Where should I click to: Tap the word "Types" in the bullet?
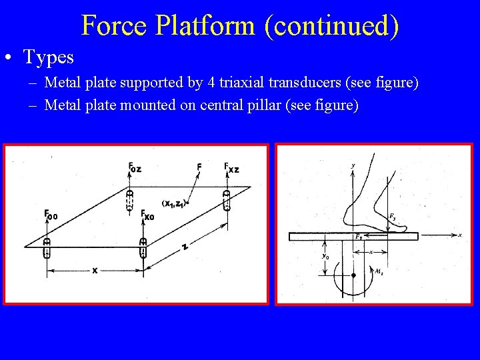[x=49, y=57]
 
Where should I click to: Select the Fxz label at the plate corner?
[x=231, y=167]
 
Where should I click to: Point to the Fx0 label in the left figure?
[x=147, y=215]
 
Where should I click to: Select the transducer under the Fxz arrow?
[x=227, y=199]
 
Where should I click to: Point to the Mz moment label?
[x=379, y=272]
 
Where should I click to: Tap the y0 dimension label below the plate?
[x=325, y=255]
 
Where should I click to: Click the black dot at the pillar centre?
[x=353, y=275]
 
